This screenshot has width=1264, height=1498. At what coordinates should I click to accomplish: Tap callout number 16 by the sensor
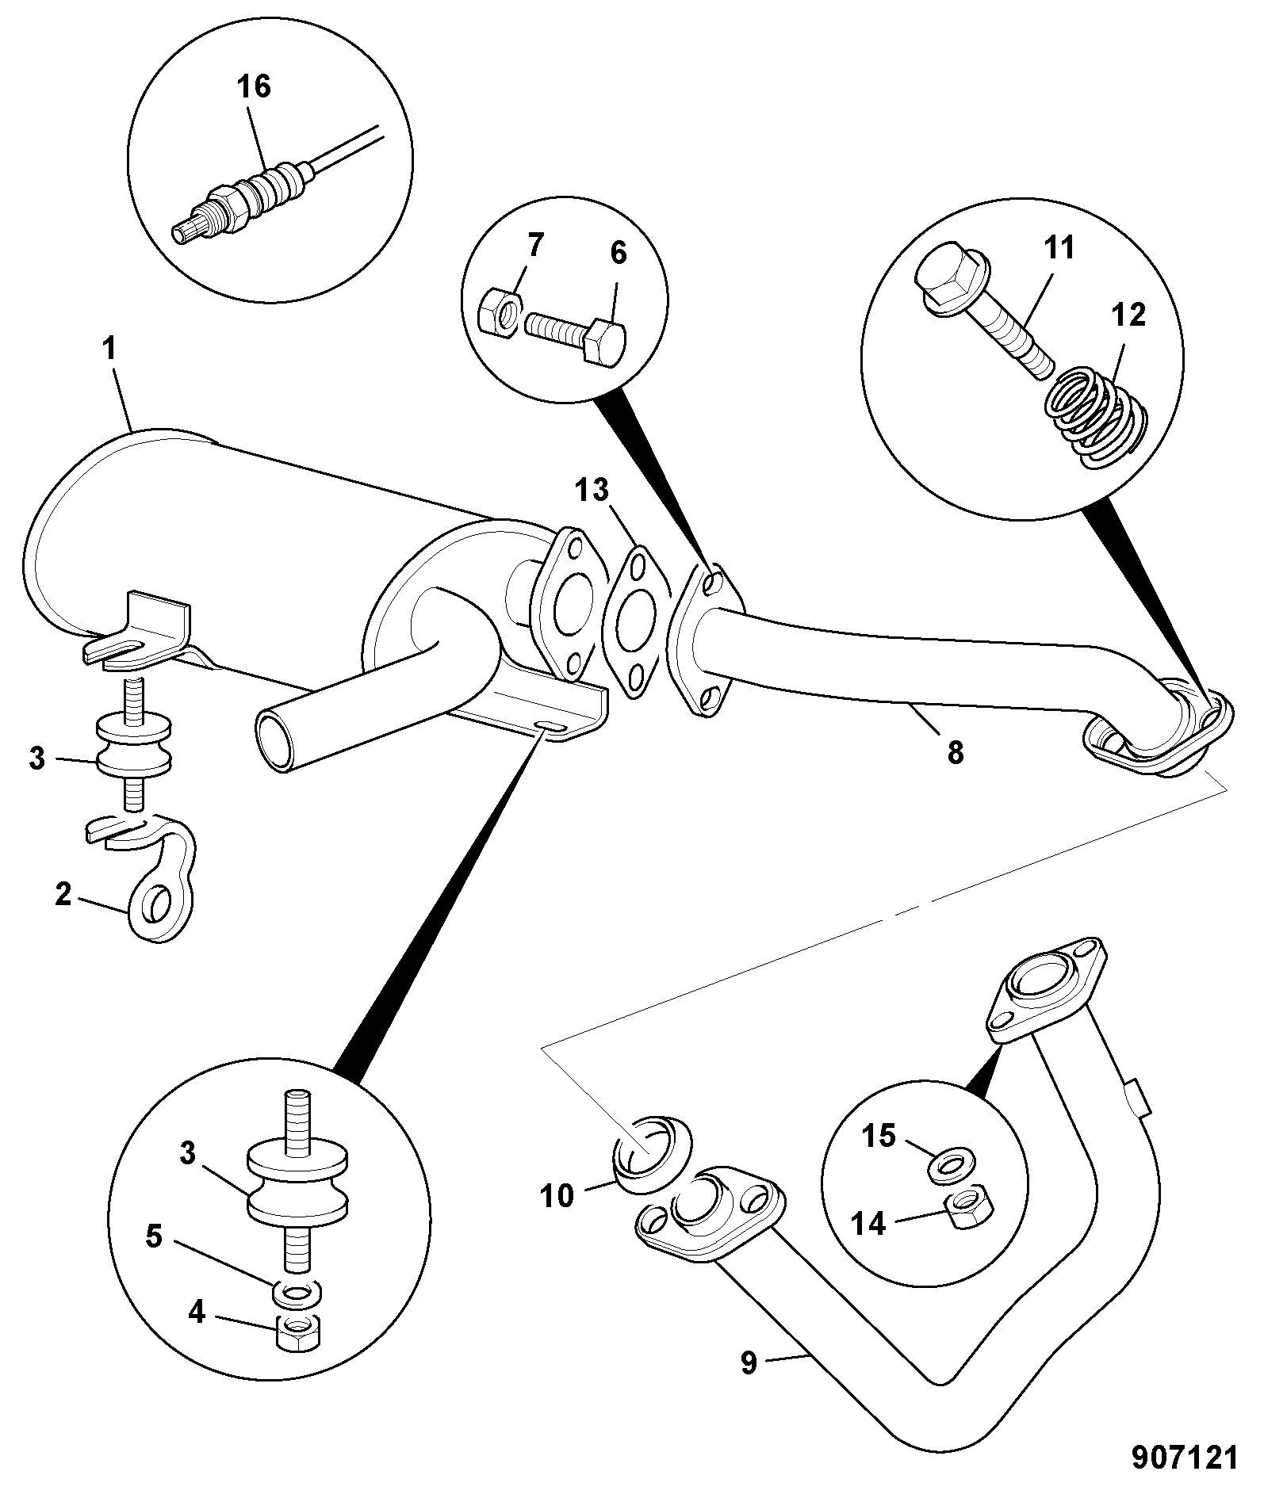tap(255, 86)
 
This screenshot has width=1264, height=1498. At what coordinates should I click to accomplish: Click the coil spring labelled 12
tap(1095, 417)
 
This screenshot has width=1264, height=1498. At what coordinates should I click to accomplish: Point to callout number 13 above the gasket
tap(592, 490)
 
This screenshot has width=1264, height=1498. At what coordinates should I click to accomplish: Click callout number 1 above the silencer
tap(109, 348)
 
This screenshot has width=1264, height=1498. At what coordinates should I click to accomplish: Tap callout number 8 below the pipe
tap(956, 751)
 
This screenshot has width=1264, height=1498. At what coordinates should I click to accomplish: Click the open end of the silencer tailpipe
tap(276, 739)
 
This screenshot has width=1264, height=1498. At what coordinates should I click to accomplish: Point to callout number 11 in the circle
tap(1058, 247)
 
